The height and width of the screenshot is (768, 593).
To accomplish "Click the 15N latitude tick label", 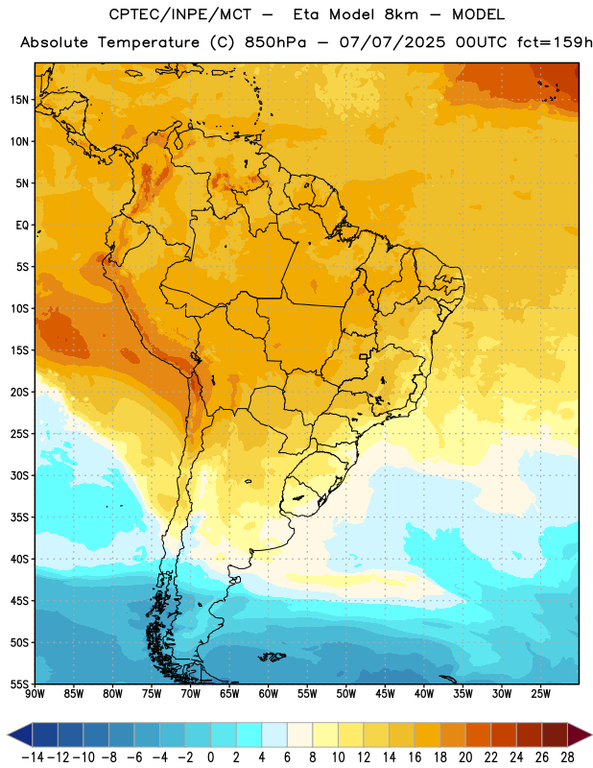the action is [19, 100].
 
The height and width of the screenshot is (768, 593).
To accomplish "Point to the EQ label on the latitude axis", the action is [22, 226].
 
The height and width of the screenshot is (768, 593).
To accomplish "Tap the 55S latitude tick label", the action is [19, 684].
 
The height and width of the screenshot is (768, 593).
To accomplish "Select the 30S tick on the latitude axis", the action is [19, 475].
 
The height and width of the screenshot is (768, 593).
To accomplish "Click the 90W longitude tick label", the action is [35, 694].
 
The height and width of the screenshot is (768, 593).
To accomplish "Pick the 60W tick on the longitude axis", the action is [269, 694].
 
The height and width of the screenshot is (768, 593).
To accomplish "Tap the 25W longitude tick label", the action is [540, 694].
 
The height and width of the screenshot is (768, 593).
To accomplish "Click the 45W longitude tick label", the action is [386, 694].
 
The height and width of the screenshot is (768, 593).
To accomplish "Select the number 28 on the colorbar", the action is [567, 757].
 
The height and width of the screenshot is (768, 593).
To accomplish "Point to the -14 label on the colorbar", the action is [34, 757].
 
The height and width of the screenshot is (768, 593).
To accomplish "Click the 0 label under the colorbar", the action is [210, 757].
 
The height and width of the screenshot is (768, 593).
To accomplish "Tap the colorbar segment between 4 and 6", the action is [274, 734].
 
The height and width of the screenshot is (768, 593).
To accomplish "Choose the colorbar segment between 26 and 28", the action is [555, 734].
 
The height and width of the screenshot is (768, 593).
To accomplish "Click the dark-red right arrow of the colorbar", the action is [580, 734].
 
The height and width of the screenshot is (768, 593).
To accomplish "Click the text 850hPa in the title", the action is [275, 42].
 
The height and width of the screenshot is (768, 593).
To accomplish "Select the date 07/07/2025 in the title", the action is [392, 42].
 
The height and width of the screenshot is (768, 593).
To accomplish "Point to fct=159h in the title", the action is [555, 42].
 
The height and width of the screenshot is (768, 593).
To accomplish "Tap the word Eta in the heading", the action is [306, 14].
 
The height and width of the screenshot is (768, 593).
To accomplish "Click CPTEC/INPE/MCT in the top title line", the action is [180, 15].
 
